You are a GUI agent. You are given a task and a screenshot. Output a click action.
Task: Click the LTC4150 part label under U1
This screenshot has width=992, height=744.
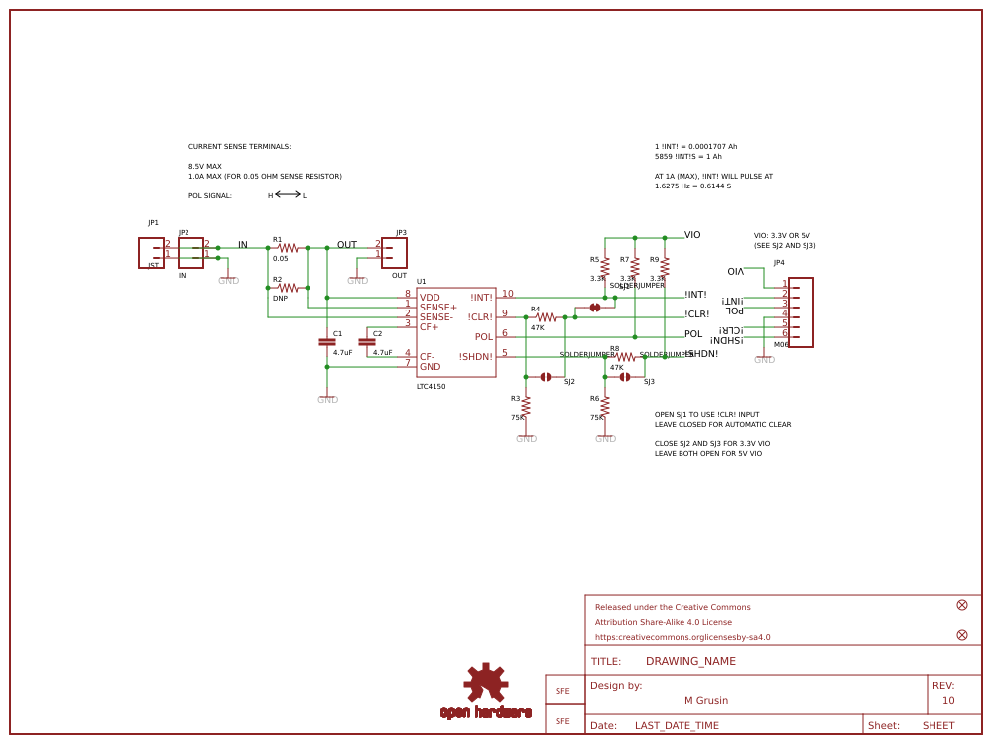[431, 386]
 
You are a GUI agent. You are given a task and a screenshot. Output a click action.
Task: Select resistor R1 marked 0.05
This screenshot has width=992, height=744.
[288, 248]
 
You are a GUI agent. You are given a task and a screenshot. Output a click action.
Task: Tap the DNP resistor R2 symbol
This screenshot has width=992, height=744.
[288, 288]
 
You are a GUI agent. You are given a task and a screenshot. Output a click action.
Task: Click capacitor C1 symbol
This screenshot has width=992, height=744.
[327, 342]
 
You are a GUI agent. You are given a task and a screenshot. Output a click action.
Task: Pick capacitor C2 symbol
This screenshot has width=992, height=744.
[367, 342]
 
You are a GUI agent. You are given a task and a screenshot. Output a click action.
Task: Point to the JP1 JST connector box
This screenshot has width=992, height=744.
[151, 253]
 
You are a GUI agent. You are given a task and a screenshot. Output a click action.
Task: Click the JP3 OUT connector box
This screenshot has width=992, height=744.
[394, 253]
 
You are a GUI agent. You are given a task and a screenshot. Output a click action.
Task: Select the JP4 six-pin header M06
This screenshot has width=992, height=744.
[801, 312]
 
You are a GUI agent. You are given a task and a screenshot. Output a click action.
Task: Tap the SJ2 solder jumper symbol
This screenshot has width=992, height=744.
[546, 377]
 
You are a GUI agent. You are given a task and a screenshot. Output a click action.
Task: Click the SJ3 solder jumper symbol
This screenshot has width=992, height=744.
[625, 377]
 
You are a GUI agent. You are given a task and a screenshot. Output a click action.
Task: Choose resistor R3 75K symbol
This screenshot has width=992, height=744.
[526, 406]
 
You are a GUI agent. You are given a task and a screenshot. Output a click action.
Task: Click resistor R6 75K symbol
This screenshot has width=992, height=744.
[605, 406]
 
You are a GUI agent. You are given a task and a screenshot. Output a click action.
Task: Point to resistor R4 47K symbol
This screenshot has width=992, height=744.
[546, 317]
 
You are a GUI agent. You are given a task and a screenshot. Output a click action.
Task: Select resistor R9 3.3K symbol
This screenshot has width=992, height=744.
[665, 267]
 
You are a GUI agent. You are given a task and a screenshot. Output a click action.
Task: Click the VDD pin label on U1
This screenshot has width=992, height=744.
[430, 297]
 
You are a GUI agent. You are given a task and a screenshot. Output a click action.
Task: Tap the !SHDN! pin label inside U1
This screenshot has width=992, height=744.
[475, 357]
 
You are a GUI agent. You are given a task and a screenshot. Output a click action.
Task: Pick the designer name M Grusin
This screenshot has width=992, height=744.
[706, 700]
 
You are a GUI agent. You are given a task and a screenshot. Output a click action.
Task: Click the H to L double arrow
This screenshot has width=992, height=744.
[288, 194]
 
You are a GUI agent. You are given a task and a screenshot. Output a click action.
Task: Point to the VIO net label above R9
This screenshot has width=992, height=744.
[692, 235]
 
